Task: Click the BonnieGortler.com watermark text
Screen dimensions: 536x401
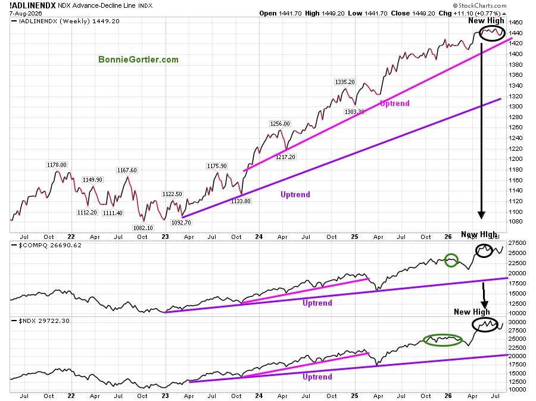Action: (138, 60)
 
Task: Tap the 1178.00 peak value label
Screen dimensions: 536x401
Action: (57, 165)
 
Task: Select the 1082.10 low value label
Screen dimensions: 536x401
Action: (143, 228)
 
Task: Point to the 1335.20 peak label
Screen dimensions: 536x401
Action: (345, 82)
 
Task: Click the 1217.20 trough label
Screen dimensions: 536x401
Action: (285, 157)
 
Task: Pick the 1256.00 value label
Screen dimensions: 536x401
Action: (280, 124)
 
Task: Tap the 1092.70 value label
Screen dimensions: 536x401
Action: (181, 223)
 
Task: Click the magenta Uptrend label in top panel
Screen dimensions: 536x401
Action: (395, 104)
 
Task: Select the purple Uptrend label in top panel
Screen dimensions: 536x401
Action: (295, 194)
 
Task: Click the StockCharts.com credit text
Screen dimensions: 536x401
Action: (479, 5)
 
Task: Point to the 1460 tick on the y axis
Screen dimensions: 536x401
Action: (516, 23)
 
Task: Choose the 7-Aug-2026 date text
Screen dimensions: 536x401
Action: (26, 13)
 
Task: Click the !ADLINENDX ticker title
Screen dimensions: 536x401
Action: (33, 5)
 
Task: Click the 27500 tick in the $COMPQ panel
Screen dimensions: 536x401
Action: (517, 243)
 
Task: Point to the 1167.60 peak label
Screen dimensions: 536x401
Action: (127, 170)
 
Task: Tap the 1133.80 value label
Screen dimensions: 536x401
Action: (241, 201)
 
